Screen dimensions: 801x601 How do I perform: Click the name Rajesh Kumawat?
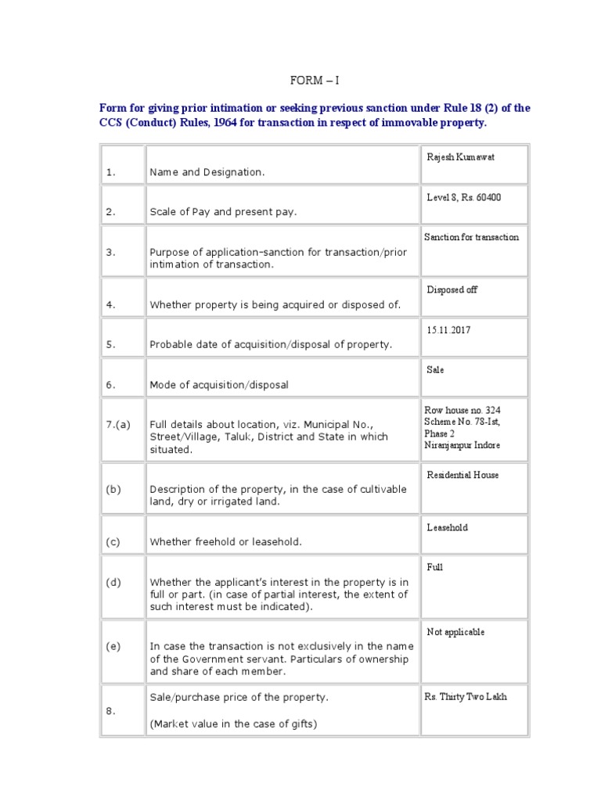460,157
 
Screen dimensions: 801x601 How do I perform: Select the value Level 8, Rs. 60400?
463,197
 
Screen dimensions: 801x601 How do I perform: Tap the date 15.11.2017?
448,330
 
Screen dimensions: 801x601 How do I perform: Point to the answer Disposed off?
452,290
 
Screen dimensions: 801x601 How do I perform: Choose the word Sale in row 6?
435,369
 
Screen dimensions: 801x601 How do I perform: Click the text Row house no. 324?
462,410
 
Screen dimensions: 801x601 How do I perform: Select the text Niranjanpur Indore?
462,445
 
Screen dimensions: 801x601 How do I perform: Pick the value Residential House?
462,475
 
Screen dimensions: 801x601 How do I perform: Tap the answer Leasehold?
447,528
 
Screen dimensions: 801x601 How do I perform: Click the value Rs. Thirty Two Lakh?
466,697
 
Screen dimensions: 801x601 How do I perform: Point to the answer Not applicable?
455,632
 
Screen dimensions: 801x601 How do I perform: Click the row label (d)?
113,582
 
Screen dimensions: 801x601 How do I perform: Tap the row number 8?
110,711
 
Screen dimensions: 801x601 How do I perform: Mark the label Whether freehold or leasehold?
225,542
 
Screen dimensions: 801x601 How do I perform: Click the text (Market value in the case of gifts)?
233,724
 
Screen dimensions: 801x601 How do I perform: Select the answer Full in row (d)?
434,567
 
